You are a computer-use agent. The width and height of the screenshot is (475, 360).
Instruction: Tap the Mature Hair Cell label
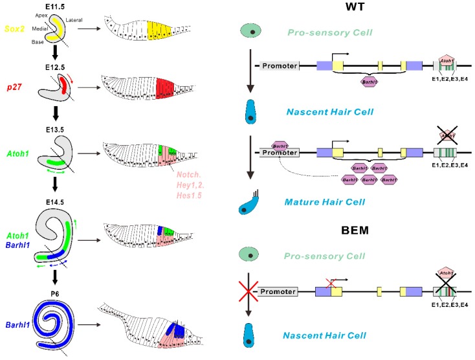[x=317, y=201]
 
